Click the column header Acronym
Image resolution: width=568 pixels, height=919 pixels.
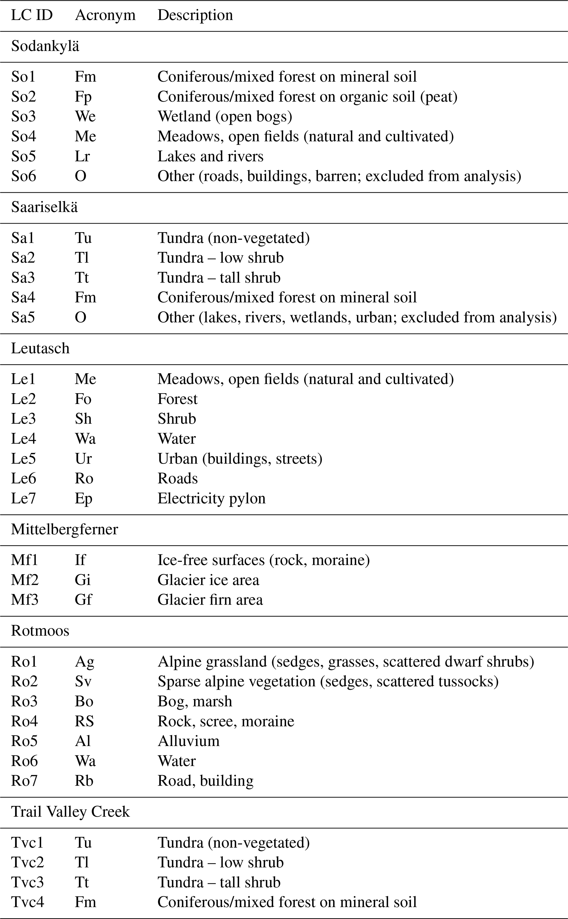[x=105, y=15]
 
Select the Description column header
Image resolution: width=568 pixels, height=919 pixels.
[x=195, y=15]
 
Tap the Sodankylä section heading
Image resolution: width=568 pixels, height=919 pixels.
[x=45, y=46]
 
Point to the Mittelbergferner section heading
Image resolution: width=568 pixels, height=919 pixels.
[x=64, y=529]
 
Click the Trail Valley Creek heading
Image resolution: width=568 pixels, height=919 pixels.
[x=70, y=812]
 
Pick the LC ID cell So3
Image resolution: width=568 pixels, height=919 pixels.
[x=23, y=117]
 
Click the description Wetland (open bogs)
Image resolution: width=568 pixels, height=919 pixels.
[x=225, y=117]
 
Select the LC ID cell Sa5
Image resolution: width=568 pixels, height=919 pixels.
[x=23, y=318]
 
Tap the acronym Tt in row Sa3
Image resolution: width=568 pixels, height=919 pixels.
[x=82, y=278]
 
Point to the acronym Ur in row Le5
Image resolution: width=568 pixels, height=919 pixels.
[x=83, y=459]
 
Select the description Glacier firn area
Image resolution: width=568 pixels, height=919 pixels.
[x=210, y=600]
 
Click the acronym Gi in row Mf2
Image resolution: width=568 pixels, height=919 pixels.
[x=83, y=580]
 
